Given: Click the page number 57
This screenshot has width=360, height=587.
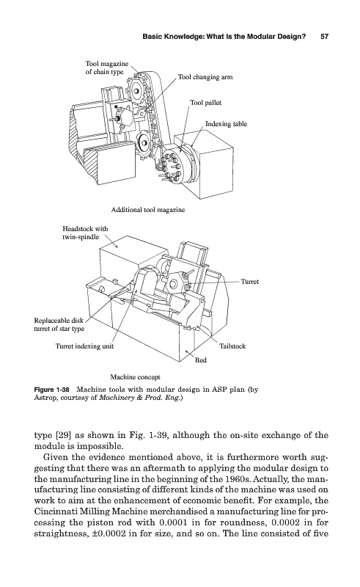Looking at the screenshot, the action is click(325, 37).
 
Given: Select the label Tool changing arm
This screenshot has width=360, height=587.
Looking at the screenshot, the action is click(205, 77).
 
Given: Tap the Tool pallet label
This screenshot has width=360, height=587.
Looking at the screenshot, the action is click(205, 103).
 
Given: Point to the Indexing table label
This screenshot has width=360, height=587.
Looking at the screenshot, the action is click(226, 124).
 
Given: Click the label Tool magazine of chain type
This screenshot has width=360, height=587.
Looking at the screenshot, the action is click(106, 68).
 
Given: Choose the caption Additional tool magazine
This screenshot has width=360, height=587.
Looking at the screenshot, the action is click(148, 210).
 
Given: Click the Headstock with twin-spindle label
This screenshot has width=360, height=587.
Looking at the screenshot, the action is click(85, 233).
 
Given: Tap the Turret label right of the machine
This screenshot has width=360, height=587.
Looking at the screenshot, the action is click(249, 282).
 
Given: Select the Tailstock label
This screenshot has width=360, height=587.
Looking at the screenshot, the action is click(232, 346).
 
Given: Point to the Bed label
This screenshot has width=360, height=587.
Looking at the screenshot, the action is click(201, 360).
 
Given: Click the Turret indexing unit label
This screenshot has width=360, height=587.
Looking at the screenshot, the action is click(84, 346).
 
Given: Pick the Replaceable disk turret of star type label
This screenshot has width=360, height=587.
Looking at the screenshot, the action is click(59, 324).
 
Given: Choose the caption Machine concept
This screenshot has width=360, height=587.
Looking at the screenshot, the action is click(135, 377).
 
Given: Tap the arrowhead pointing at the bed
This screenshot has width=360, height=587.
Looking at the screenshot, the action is click(188, 352).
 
